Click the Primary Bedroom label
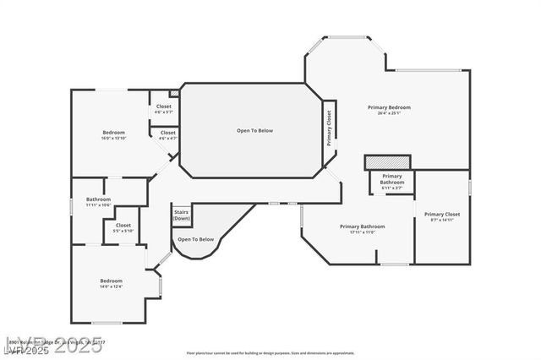389,107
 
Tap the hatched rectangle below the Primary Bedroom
387,161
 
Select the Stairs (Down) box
181,215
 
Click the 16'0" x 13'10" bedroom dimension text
114,139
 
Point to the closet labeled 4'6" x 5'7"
163,109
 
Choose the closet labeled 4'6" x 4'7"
167,135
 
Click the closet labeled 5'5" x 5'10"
123,228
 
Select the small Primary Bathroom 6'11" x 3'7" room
391,182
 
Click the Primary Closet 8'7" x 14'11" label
442,217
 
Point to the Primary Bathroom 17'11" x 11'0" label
362,229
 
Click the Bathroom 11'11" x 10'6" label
98,203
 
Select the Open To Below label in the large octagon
254,130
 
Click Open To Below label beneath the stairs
195,239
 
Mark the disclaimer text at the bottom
270,352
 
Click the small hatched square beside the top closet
174,93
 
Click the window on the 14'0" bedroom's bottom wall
106,323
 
